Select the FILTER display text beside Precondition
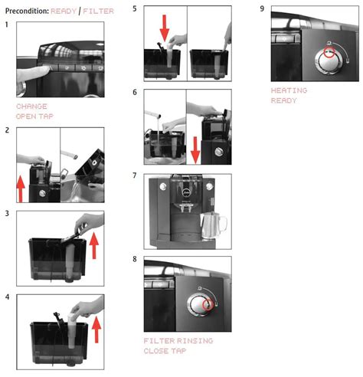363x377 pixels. pyautogui.click(x=98, y=11)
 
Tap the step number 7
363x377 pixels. pyautogui.click(x=135, y=175)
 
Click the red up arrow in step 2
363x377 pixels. pyautogui.click(x=21, y=189)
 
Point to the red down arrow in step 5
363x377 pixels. pyautogui.click(x=165, y=28)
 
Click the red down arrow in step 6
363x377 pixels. pyautogui.click(x=195, y=150)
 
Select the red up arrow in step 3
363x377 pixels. pyautogui.click(x=94, y=245)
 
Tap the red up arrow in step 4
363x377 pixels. pyautogui.click(x=96, y=329)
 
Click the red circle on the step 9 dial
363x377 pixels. pyautogui.click(x=329, y=52)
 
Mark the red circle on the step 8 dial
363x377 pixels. pyautogui.click(x=208, y=304)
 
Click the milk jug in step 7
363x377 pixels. pyautogui.click(x=212, y=225)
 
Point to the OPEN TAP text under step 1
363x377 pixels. pyautogui.click(x=34, y=116)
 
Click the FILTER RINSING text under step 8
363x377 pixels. pyautogui.click(x=178, y=341)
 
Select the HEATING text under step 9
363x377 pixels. pyautogui.click(x=289, y=90)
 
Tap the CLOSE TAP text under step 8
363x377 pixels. pyautogui.click(x=165, y=351)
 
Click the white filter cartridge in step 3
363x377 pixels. pyautogui.click(x=70, y=261)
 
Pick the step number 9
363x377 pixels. pyautogui.click(x=262, y=8)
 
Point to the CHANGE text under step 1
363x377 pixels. pyautogui.click(x=31, y=107)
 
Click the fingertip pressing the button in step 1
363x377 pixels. pyautogui.click(x=48, y=68)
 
